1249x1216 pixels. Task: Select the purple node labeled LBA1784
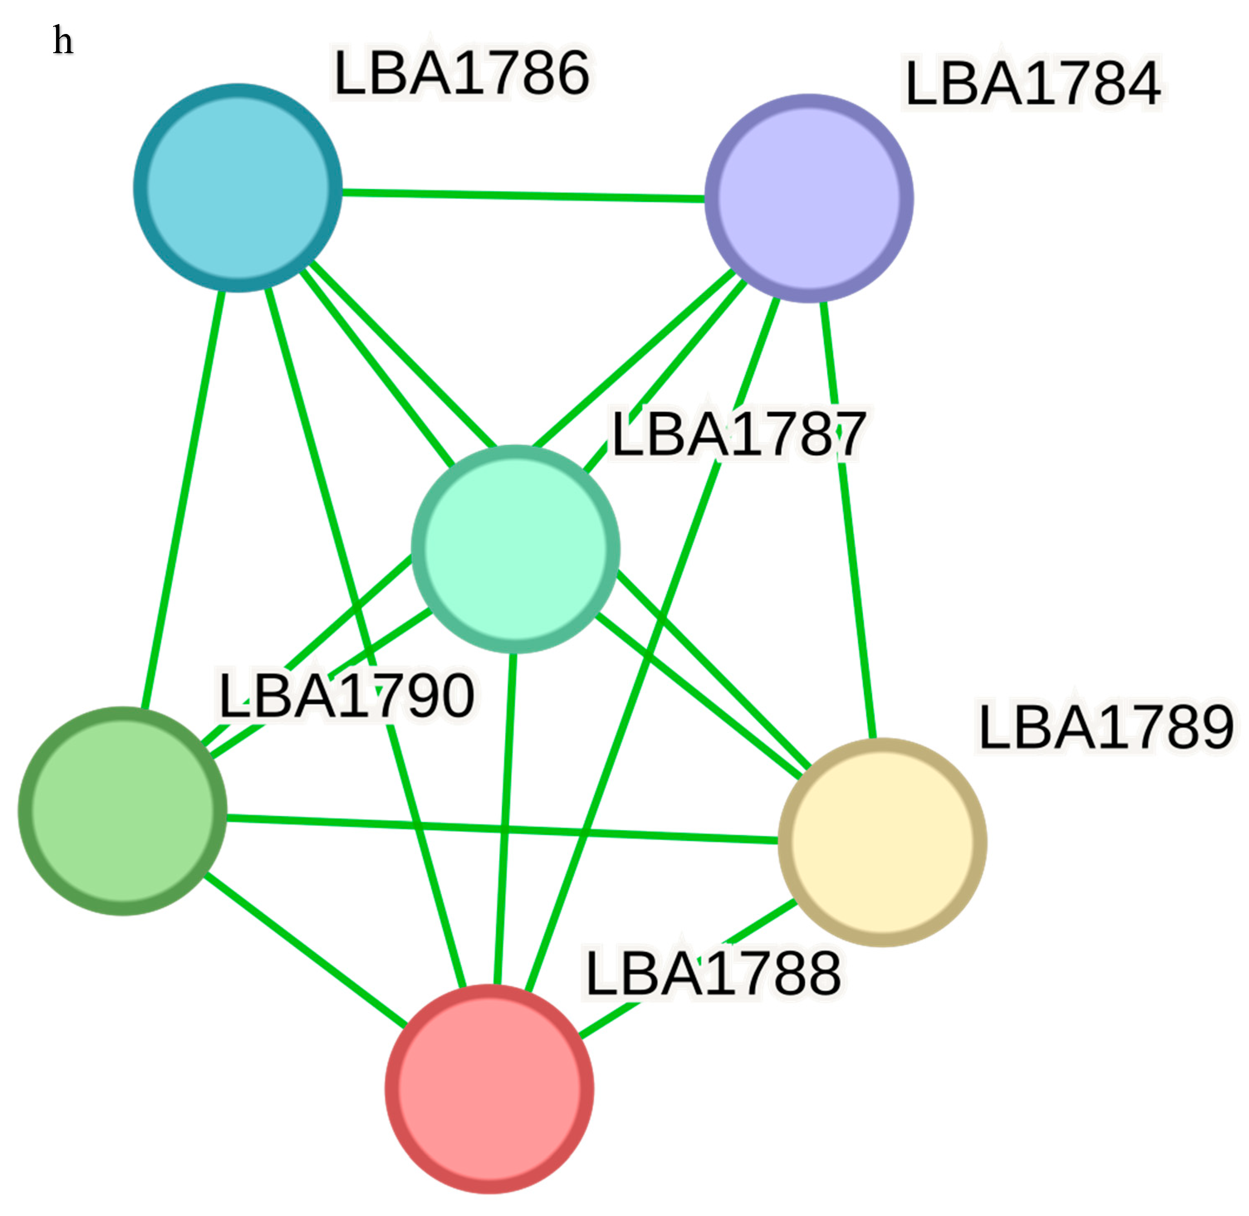(x=809, y=198)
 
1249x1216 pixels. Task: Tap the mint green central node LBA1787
(x=516, y=549)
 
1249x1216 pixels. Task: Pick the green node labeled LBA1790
(x=123, y=811)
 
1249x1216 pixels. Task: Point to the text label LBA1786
(x=461, y=73)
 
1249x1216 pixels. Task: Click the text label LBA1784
(x=1032, y=83)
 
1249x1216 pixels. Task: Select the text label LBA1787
(x=738, y=434)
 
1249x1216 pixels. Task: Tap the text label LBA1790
(x=346, y=696)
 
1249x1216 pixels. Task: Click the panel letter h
(x=63, y=41)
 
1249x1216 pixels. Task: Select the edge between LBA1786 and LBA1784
(x=524, y=194)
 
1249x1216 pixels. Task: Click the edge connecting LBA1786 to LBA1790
(x=182, y=498)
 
